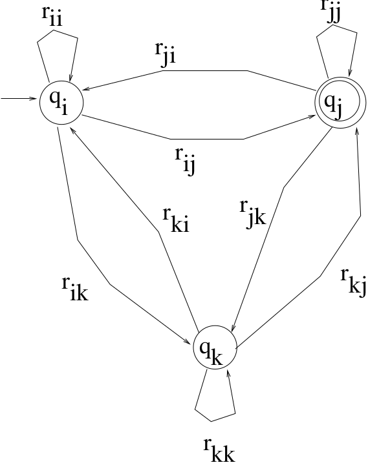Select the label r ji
[x=166, y=54]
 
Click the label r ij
[x=185, y=160]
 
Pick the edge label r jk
[x=253, y=214]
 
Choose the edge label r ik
[x=76, y=289]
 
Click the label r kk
[x=219, y=449]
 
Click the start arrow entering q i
[x=18, y=98]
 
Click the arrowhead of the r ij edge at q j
[x=312, y=116]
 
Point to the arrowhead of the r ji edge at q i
[x=87, y=88]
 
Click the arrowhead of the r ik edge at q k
[x=188, y=342]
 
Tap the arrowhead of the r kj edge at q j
[x=357, y=132]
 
